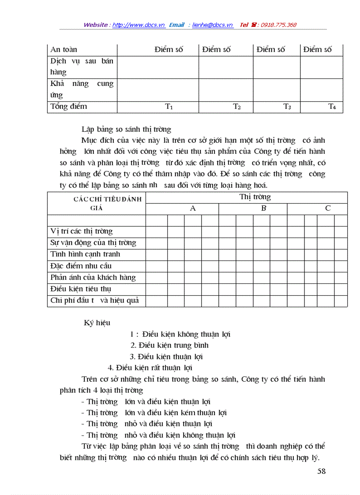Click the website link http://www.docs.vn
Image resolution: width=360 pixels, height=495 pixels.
click(139, 25)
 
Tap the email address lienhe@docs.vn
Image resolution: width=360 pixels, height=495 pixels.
click(212, 25)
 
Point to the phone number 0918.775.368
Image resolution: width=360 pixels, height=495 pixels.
click(278, 25)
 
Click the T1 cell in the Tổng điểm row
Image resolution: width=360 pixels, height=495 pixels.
click(169, 107)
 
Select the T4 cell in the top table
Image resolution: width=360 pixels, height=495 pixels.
click(332, 107)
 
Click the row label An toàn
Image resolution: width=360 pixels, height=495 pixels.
click(64, 50)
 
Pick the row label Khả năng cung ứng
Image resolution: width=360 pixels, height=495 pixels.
click(82, 89)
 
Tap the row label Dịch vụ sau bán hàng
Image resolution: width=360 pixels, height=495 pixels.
click(82, 67)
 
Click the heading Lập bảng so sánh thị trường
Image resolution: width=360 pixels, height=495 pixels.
click(126, 129)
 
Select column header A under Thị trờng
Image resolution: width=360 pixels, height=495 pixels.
click(192, 208)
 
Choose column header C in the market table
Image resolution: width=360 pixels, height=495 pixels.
click(327, 208)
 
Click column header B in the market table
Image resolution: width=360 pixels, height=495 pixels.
click(263, 208)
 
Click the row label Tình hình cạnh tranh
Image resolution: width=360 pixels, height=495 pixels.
click(85, 254)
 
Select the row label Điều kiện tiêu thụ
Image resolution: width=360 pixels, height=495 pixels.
click(81, 289)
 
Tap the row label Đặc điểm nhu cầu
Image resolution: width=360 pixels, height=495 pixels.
click(81, 266)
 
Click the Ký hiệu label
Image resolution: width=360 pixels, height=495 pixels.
click(97, 323)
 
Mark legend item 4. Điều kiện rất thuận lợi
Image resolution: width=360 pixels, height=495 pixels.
click(150, 368)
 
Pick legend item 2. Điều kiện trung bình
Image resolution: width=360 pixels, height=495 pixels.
click(169, 345)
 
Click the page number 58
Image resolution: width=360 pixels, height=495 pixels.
click(321, 471)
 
